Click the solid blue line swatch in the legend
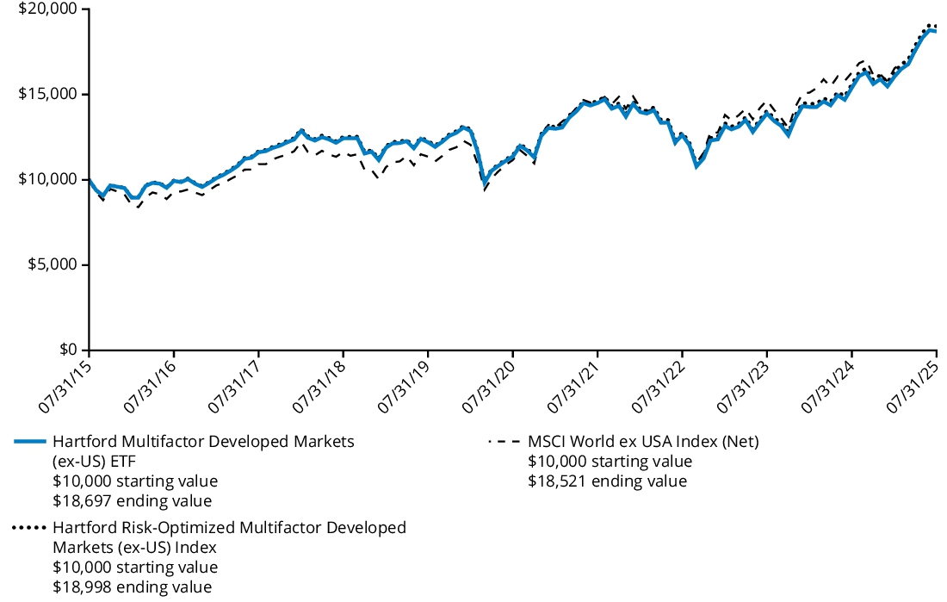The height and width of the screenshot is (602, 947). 29,442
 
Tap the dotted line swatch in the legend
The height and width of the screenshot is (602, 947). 29,527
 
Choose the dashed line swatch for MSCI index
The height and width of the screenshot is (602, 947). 504,442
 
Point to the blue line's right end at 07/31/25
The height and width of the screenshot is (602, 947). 936,30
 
